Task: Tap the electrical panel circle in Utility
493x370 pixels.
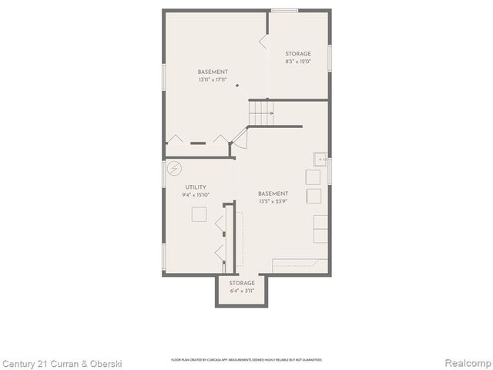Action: tap(175, 166)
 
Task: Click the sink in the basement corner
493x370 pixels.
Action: tap(320, 160)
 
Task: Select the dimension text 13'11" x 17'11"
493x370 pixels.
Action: tap(213, 79)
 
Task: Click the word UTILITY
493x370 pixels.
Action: tap(195, 187)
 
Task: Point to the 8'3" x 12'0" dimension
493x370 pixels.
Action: tap(298, 62)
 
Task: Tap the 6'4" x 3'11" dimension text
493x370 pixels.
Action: tap(242, 291)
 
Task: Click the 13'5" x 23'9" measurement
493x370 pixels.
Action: tap(273, 201)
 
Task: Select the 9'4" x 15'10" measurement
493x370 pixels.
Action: tap(196, 195)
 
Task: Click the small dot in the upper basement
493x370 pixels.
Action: tap(238, 85)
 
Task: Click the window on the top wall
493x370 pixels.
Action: tap(284, 10)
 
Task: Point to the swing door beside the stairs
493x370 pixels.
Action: tap(240, 140)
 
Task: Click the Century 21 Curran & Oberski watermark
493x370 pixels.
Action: tap(62, 363)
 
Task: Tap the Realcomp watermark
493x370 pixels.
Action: tap(464, 363)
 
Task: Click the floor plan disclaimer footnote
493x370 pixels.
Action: tap(246, 360)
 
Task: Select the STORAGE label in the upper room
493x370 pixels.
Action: tap(298, 54)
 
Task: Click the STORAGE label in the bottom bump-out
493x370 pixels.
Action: tap(242, 283)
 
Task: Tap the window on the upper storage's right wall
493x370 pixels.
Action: tap(330, 58)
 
